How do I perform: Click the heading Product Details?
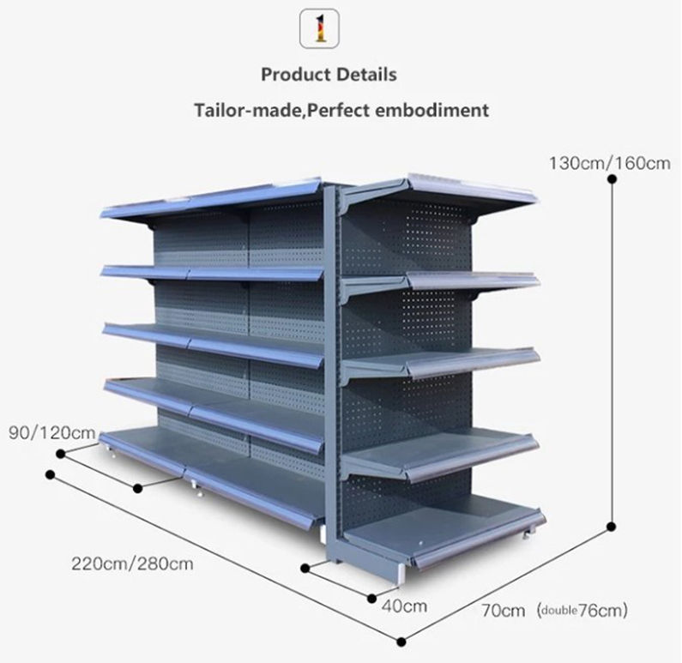[329, 75]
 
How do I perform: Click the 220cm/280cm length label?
[132, 564]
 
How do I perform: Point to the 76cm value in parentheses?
[606, 611]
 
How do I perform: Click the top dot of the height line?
[612, 179]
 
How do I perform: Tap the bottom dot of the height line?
[612, 527]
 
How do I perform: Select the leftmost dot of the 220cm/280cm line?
[51, 473]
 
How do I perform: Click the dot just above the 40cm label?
[371, 598]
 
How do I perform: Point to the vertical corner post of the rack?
[327, 360]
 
